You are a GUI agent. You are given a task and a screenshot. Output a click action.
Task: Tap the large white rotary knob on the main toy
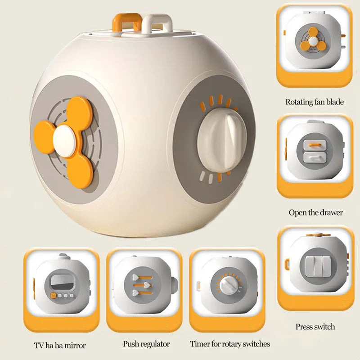tap(222, 140)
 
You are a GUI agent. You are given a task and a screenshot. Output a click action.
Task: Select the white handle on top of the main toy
tap(157, 24)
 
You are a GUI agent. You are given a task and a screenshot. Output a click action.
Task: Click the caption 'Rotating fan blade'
tap(315, 102)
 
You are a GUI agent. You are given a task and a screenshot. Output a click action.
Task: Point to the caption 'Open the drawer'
tap(316, 212)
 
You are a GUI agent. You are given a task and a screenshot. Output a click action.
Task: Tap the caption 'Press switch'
tap(315, 327)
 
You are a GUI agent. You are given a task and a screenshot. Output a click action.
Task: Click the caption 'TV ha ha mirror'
tap(60, 345)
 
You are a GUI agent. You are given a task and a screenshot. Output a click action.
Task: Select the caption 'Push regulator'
tap(146, 344)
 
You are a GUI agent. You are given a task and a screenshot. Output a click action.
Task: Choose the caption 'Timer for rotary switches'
tap(230, 344)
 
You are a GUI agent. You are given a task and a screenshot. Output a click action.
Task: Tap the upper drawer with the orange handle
tap(315, 145)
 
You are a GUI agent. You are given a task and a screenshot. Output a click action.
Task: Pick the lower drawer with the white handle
tap(315, 157)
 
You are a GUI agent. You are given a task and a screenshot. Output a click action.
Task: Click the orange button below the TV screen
tap(53, 296)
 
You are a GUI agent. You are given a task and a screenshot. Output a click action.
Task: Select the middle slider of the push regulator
tap(142, 285)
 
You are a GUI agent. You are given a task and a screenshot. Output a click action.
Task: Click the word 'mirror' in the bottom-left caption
tap(75, 345)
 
